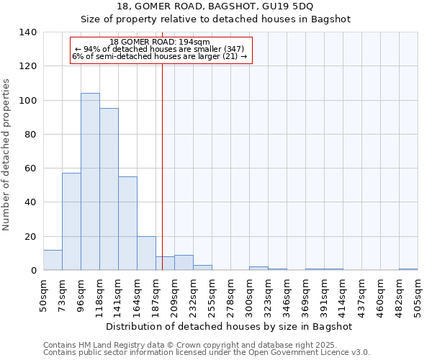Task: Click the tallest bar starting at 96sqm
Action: pos(90,181)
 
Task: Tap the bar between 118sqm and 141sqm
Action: pos(109,189)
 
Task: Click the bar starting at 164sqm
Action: pos(146,253)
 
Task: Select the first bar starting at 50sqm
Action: pos(53,260)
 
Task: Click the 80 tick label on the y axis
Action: pos(30,135)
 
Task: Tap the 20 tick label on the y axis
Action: pos(30,236)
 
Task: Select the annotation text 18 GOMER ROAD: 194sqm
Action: pos(160,42)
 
